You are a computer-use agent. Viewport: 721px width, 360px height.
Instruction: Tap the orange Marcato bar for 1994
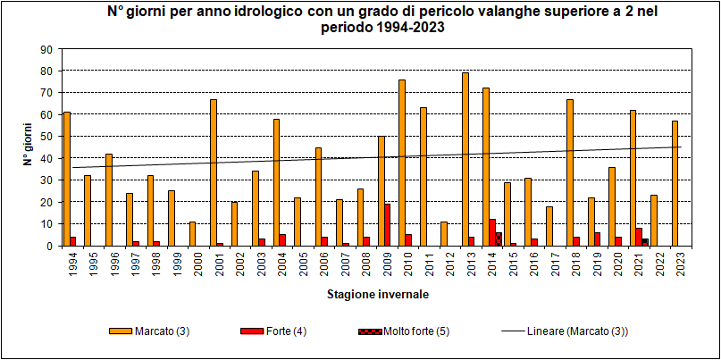[x=67, y=179]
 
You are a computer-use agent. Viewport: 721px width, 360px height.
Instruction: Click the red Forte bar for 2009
[x=387, y=224]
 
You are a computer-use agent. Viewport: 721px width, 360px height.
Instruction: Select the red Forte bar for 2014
[x=492, y=232]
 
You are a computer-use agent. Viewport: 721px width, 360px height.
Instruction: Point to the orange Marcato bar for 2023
[x=675, y=183]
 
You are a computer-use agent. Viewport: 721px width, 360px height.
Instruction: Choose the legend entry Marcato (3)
[x=166, y=331]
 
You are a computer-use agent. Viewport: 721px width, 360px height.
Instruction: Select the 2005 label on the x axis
[x=298, y=264]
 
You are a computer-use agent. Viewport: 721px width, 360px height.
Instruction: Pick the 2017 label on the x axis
[x=550, y=264]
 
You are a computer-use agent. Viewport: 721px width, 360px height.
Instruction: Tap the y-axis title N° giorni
[x=26, y=147]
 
